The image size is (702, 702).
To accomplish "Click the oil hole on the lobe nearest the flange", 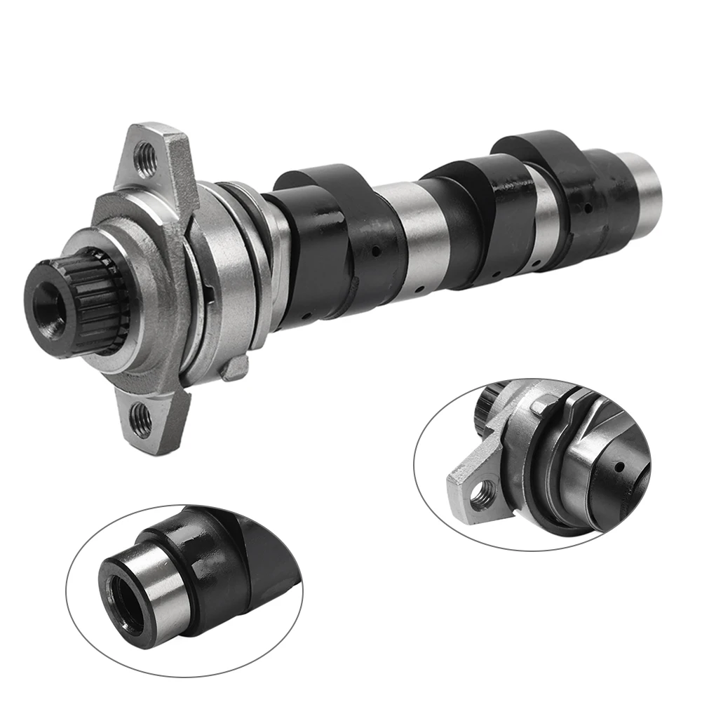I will point(377,250).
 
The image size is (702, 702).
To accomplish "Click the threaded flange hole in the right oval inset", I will point(482,497).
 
